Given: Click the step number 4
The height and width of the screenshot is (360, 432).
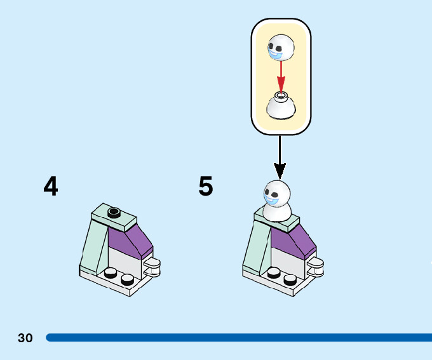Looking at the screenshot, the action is [51, 186].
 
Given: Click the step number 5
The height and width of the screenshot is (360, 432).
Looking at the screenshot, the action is [205, 187].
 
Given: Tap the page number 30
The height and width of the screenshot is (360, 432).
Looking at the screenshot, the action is [25, 338].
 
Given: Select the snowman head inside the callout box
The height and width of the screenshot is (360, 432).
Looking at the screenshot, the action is [280, 49].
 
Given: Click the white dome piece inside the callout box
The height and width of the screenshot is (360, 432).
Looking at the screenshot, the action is [281, 107].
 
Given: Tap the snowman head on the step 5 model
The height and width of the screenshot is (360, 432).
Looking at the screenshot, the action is [277, 192].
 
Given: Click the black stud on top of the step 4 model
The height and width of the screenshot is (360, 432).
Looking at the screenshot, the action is [114, 212].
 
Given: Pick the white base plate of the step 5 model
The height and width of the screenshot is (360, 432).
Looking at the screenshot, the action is [280, 282].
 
